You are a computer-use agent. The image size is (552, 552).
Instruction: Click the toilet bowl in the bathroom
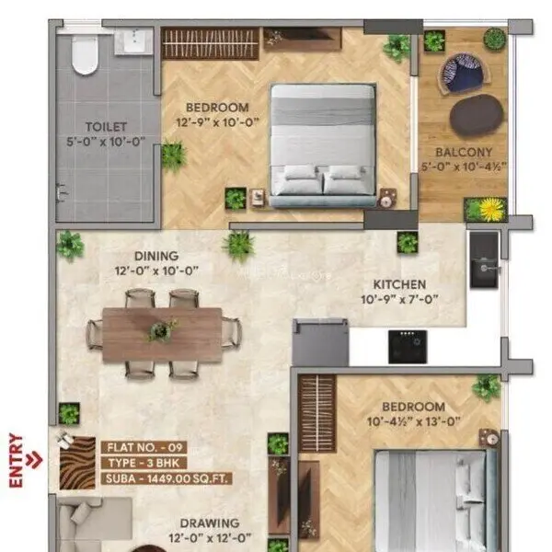point(85,54)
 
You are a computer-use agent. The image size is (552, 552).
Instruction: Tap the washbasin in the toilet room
point(134,41)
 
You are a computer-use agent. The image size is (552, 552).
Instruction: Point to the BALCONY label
point(470,153)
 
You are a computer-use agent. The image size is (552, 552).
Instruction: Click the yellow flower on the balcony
point(491,210)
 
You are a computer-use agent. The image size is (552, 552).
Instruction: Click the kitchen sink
point(484,260)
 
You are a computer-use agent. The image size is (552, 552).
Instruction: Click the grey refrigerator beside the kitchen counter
point(320,343)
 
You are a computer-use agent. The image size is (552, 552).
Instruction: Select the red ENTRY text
point(16,459)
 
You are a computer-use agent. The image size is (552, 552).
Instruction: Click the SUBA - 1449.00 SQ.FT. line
point(166,478)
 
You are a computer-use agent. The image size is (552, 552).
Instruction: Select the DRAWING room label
point(210,523)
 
